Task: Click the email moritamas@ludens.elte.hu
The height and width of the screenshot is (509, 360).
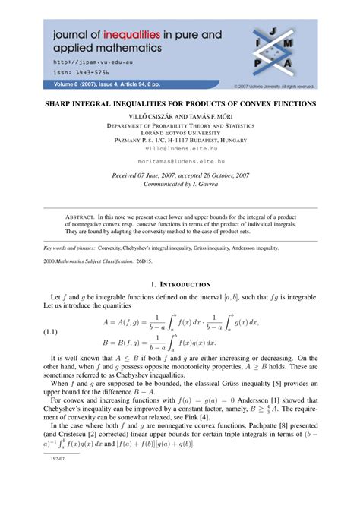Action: (x=179, y=162)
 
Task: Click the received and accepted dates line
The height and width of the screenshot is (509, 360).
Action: (x=179, y=175)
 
